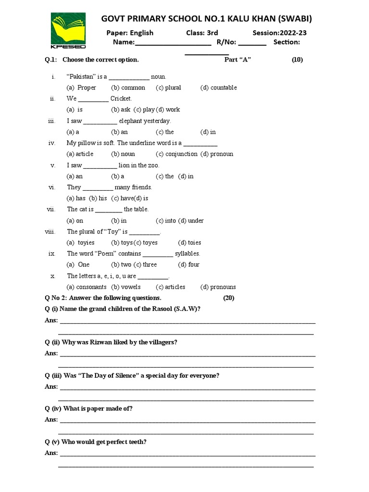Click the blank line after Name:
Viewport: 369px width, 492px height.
pos(173,43)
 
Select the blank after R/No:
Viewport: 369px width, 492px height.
pos(252,43)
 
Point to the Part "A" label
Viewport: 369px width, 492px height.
pos(238,60)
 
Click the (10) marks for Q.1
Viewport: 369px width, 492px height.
pos(297,60)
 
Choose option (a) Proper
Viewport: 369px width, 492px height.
pos(82,87)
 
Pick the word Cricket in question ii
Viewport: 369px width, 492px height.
pos(121,98)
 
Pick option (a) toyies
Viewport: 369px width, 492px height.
pos(81,243)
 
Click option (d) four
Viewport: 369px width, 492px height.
pos(189,265)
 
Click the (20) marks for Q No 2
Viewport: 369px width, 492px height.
pos(229,298)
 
